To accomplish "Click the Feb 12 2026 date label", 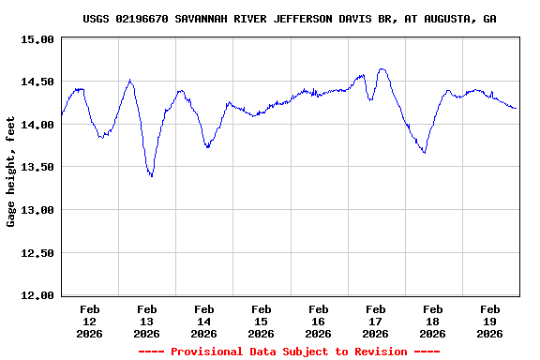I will click(x=90, y=321).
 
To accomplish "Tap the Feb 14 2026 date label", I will click(x=204, y=321).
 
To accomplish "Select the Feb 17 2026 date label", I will click(x=375, y=321).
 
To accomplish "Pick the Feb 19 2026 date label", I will click(x=489, y=321).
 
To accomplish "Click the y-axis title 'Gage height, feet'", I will click(x=11, y=172).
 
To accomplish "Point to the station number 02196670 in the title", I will click(x=142, y=19).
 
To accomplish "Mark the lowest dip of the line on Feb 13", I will click(x=151, y=176).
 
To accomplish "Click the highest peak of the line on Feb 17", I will click(x=382, y=68).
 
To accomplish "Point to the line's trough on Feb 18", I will click(x=425, y=153).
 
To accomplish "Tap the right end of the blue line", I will click(x=516, y=109).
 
